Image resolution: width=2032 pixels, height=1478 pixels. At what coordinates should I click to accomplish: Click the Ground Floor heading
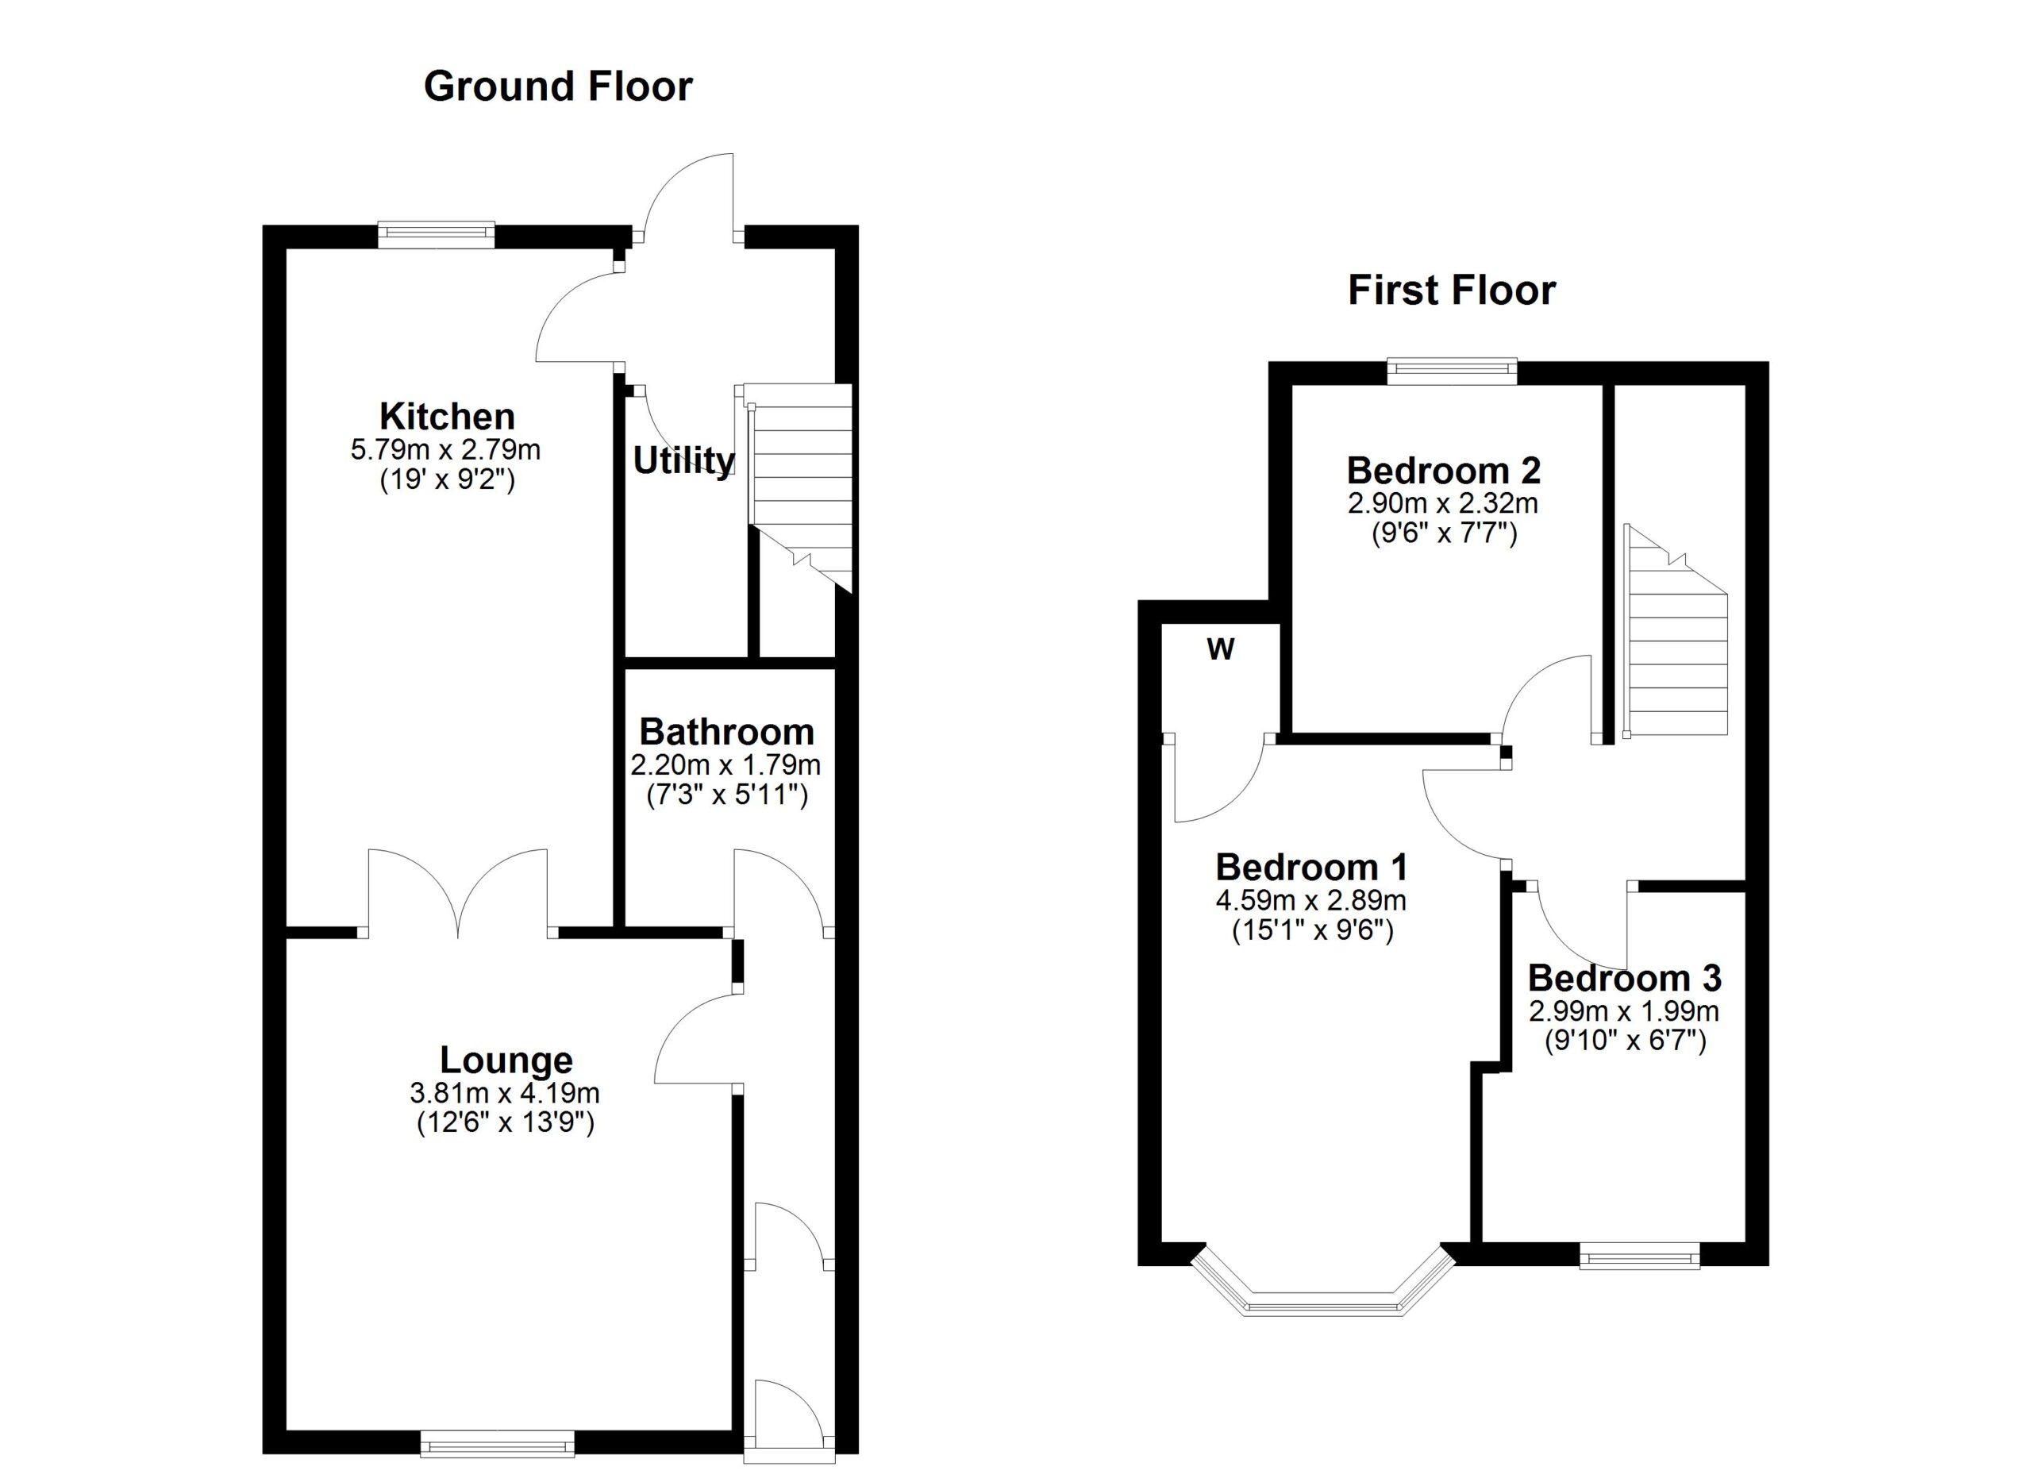tap(557, 87)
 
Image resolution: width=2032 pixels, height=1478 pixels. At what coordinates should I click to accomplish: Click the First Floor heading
tap(1452, 291)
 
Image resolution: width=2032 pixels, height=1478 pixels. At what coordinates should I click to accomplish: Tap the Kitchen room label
tap(447, 417)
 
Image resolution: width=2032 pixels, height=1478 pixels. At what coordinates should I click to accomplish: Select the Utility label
tap(683, 460)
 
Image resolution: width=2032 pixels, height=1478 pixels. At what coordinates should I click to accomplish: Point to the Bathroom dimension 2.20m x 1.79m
tap(725, 765)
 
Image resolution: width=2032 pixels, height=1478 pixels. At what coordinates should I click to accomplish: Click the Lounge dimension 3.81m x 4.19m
tap(504, 1093)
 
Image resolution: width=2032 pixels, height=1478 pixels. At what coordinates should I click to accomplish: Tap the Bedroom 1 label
tap(1310, 867)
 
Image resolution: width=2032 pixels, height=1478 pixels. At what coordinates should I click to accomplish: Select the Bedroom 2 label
tap(1443, 470)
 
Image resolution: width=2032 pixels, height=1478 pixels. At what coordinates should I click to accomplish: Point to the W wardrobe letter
tap(1220, 649)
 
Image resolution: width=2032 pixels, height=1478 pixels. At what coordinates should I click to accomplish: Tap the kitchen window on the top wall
tap(436, 235)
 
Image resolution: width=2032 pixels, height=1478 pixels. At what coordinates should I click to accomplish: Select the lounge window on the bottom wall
tap(497, 1443)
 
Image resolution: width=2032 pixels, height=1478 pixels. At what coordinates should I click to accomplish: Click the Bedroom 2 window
tap(1452, 371)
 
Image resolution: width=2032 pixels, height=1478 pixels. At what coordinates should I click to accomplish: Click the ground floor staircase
tap(800, 483)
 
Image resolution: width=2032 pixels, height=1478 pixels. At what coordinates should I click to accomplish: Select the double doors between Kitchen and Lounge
tap(458, 895)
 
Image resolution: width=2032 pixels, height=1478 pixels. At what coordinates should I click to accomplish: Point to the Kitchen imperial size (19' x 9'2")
tap(447, 480)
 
